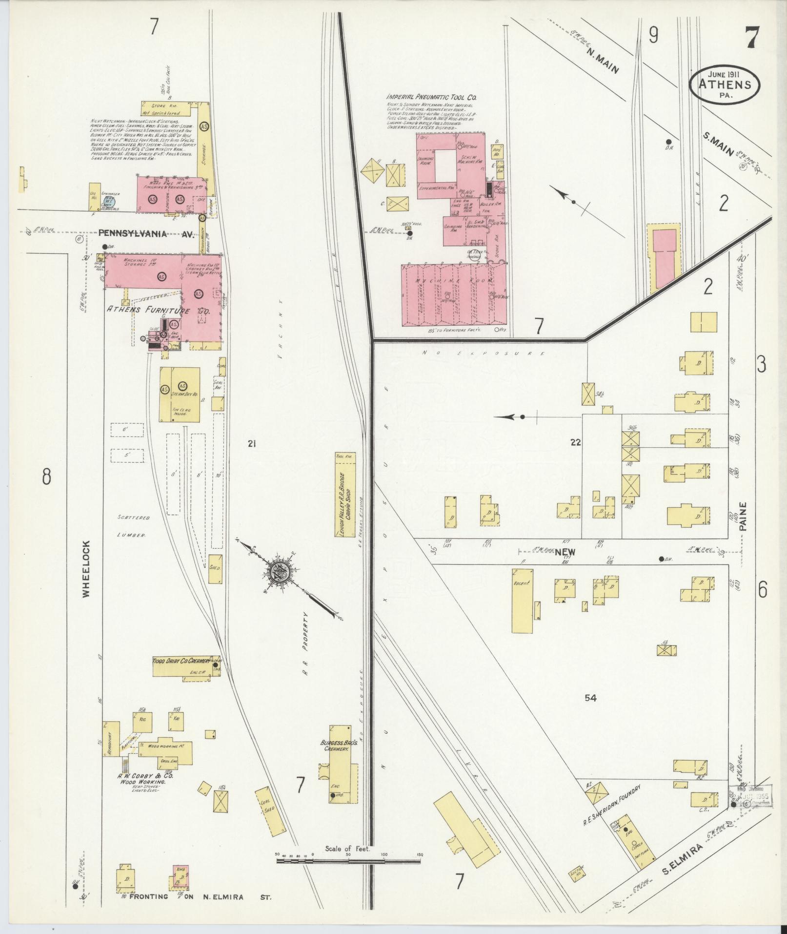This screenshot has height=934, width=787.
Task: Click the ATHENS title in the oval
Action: pos(724,83)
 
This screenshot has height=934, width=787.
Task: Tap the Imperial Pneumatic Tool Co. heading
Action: pos(429,98)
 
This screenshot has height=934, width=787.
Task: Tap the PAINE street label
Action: pos(743,517)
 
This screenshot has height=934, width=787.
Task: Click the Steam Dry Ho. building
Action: pos(180,394)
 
